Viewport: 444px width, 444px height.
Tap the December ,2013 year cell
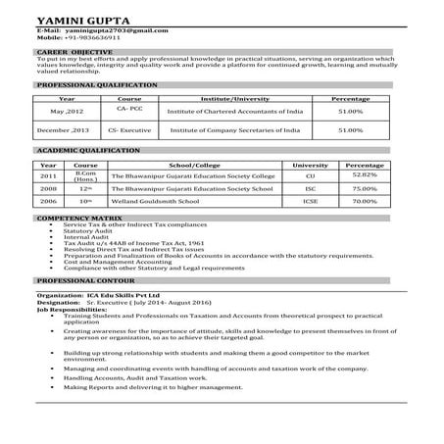(64, 129)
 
